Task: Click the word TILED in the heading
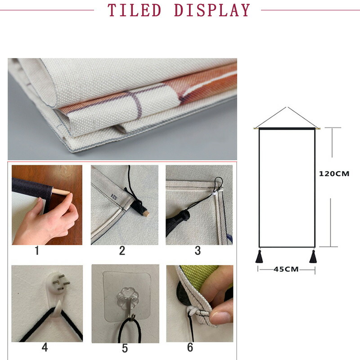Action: [x=134, y=10]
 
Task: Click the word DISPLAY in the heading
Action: [x=212, y=10]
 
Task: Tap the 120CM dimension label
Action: [x=334, y=174]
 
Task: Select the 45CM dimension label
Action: [x=286, y=269]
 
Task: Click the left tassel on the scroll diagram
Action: [x=259, y=256]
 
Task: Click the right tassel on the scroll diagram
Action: [x=313, y=256]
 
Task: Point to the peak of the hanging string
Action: [x=286, y=107]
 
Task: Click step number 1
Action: [x=37, y=251]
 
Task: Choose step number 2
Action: [x=122, y=251]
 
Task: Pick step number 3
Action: [x=198, y=251]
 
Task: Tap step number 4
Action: [x=45, y=347]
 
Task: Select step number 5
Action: [x=125, y=348]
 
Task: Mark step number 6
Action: [x=190, y=347]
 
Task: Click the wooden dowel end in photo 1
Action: [x=61, y=192]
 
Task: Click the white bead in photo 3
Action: [x=215, y=194]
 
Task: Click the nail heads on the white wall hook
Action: [x=61, y=283]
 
